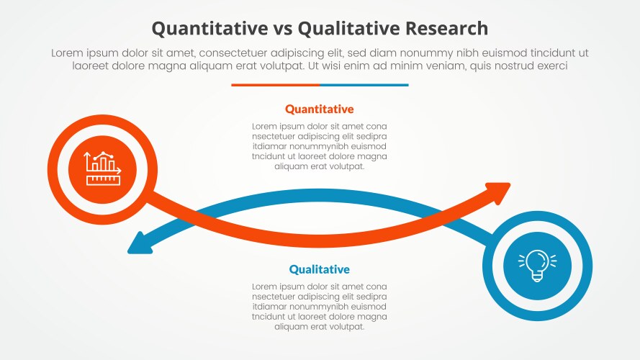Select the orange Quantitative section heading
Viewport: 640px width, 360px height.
(x=320, y=109)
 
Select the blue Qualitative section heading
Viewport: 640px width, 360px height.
(x=320, y=269)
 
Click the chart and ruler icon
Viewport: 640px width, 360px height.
(x=102, y=168)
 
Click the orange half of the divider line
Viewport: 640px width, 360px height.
(x=275, y=85)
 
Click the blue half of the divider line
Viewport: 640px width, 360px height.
(x=364, y=85)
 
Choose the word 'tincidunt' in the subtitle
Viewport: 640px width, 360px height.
(x=553, y=53)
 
